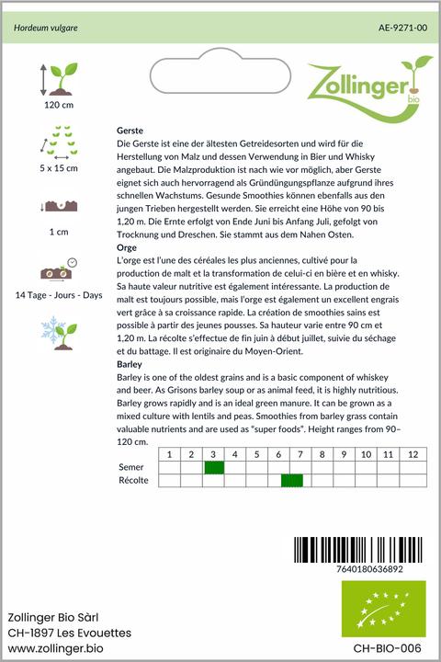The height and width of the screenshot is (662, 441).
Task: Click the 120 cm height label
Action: pyautogui.click(x=59, y=105)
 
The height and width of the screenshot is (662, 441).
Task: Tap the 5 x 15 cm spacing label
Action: pyautogui.click(x=59, y=168)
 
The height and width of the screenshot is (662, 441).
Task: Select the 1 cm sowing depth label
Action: pyautogui.click(x=59, y=232)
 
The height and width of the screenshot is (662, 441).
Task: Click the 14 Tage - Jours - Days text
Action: pyautogui.click(x=59, y=294)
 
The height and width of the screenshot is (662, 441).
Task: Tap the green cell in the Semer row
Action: pyautogui.click(x=213, y=468)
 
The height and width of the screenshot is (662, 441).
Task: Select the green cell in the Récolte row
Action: pyautogui.click(x=292, y=481)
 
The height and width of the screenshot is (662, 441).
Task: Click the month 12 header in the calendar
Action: pyautogui.click(x=413, y=455)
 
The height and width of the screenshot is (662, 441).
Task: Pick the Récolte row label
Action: pyautogui.click(x=135, y=481)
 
